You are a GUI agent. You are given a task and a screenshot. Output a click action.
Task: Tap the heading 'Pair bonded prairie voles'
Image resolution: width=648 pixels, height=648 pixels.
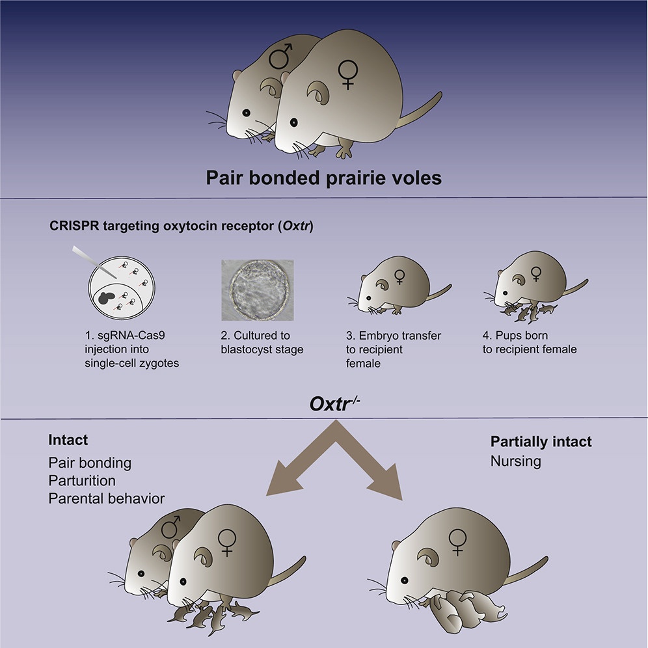click(x=324, y=178)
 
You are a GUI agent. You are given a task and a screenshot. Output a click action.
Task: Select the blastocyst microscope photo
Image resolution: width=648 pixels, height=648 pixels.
click(x=257, y=291)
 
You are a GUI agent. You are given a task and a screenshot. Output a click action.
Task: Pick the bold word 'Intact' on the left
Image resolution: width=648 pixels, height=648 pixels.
click(x=68, y=440)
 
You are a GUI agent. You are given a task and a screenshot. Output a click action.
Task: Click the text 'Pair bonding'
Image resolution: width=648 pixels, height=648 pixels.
click(x=90, y=463)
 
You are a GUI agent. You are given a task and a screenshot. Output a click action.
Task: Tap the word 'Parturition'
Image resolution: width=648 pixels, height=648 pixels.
click(x=82, y=481)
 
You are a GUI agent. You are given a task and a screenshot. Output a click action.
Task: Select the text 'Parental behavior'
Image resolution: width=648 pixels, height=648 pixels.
click(x=107, y=498)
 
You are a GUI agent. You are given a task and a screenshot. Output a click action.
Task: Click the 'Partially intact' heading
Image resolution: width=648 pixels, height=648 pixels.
click(x=541, y=442)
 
